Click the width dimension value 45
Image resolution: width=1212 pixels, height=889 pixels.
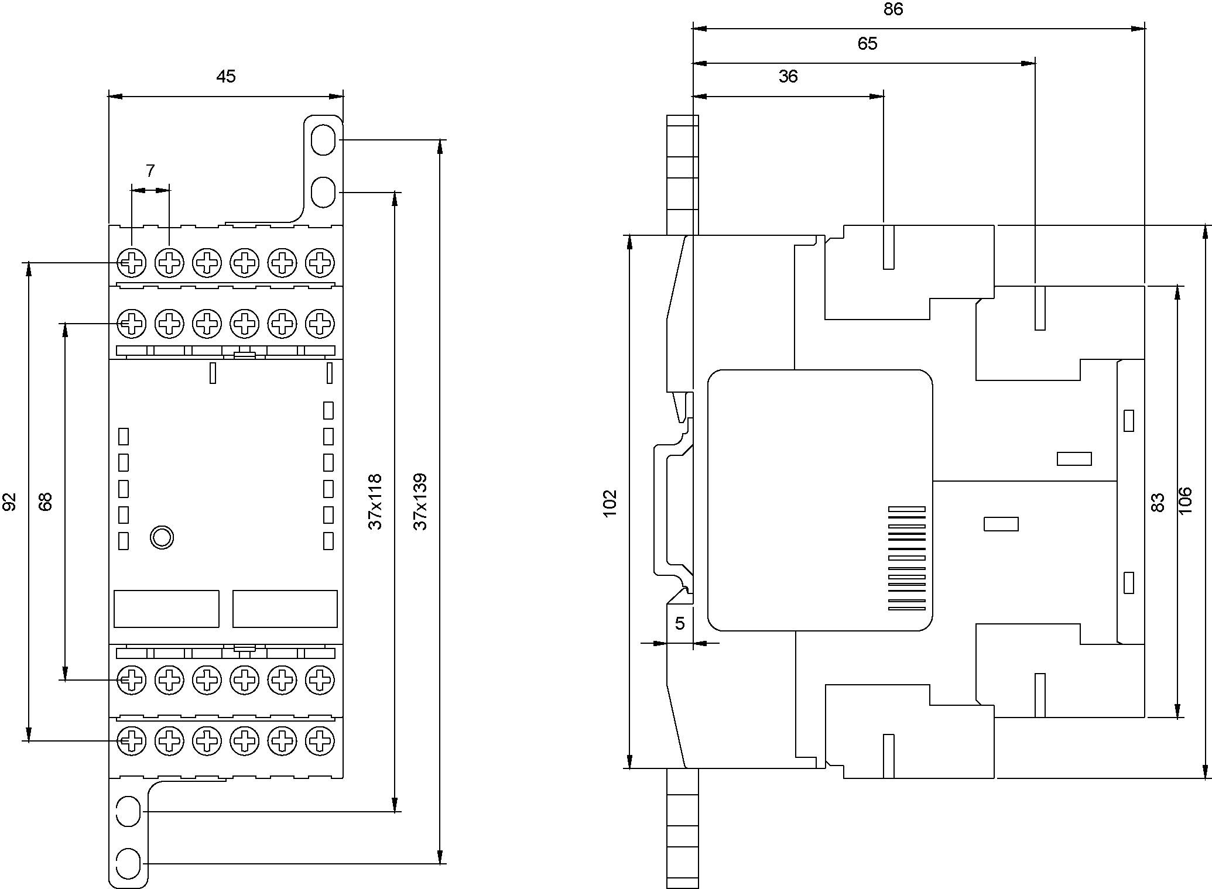tap(226, 77)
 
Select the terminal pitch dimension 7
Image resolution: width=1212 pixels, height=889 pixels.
tap(150, 171)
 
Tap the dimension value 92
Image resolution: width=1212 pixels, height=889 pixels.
tap(10, 502)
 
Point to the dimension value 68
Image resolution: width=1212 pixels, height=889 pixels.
tap(46, 502)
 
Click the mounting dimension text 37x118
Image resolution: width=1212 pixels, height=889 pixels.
tap(375, 502)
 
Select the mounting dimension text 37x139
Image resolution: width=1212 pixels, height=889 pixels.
tap(420, 502)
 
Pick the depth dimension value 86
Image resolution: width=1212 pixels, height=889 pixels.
tap(893, 9)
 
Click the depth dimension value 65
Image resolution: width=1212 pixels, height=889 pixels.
tap(867, 44)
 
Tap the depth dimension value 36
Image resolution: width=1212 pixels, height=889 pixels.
tap(788, 77)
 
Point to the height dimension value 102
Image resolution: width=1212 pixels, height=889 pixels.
tap(610, 503)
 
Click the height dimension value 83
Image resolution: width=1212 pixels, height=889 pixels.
tap(1158, 503)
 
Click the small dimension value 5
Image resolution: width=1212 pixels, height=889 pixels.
tap(680, 624)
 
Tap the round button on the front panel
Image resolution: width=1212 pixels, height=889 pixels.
tap(162, 537)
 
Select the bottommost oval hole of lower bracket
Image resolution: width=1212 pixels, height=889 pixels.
tap(128, 863)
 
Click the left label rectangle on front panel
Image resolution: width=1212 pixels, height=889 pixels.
tap(166, 609)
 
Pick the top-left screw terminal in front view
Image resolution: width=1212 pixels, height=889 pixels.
tap(132, 262)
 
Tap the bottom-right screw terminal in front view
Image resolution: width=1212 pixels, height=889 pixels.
tap(320, 741)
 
